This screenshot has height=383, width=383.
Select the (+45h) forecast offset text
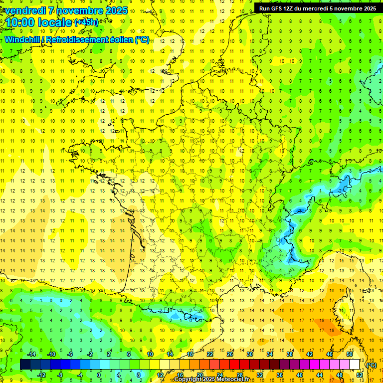coord(86,22)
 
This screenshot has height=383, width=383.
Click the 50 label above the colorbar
coord(349,354)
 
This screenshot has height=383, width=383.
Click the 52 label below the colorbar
coord(359,375)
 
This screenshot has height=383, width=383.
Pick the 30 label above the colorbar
coord(249,354)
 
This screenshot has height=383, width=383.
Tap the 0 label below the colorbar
coord(99,375)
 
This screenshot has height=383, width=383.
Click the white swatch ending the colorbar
coord(354,365)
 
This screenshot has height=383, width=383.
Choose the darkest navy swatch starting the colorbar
coord(25,365)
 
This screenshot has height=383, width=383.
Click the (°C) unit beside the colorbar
coord(371,365)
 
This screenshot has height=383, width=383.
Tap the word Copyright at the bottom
coord(188,380)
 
